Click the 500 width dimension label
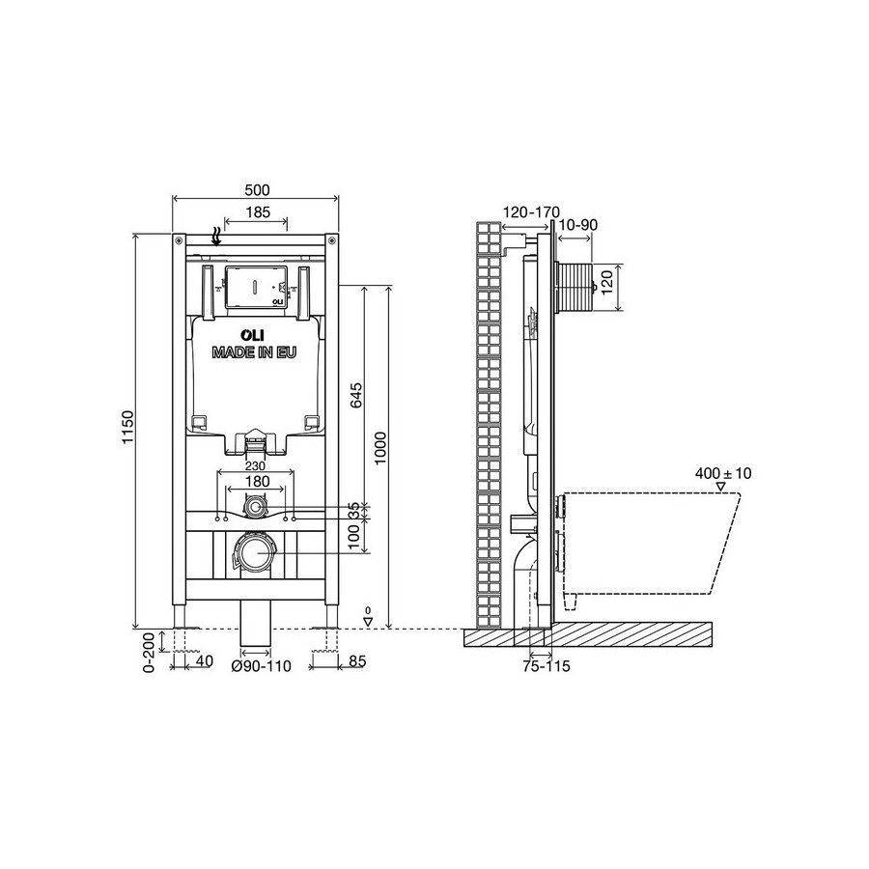point(257,190)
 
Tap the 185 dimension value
point(257,211)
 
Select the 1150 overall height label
point(128,428)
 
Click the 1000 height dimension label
point(380,448)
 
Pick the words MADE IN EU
point(254,352)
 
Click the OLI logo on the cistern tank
point(252,335)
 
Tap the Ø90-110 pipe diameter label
point(261,665)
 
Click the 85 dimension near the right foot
point(358,661)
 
